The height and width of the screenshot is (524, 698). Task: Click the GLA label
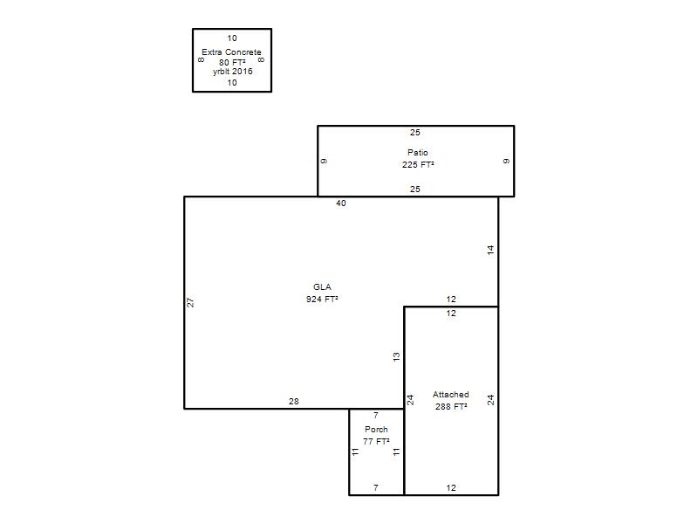point(322,287)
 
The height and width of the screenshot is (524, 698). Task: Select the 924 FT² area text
point(322,299)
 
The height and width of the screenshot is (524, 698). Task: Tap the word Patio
point(418,152)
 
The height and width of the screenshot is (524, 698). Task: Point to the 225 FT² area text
point(418,164)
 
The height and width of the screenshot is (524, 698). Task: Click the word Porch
point(376,430)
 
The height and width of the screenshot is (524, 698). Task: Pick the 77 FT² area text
point(376,442)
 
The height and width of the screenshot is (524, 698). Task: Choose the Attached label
point(450,395)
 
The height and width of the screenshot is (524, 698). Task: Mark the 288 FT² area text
point(451,406)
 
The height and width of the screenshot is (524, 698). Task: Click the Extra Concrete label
point(231,52)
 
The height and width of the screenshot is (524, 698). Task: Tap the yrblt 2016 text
point(232,72)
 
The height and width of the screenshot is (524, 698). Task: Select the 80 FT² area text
point(232,62)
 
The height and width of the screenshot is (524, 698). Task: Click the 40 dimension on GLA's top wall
point(341,203)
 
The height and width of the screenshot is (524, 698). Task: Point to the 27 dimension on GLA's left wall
point(190,302)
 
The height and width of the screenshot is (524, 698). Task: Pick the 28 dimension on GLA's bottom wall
point(294,402)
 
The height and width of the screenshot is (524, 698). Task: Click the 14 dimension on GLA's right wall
point(490,250)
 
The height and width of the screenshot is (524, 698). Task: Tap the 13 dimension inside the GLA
point(396,356)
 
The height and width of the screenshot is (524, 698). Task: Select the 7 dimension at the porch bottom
point(376,488)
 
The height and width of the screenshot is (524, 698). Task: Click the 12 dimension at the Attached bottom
point(451,488)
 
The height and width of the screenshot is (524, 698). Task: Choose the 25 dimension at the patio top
point(415,133)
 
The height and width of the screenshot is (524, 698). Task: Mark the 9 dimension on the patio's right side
point(506,161)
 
